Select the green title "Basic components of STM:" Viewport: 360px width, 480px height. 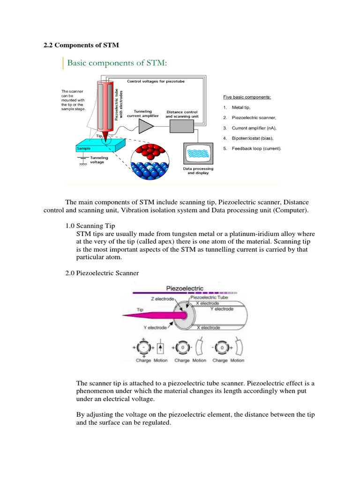click(x=117, y=63)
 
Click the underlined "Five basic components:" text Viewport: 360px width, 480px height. click(x=247, y=97)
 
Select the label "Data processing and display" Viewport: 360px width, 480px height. click(x=197, y=171)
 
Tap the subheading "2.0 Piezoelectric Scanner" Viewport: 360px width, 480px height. click(x=102, y=273)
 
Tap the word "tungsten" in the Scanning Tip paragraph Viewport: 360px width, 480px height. click(x=179, y=234)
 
